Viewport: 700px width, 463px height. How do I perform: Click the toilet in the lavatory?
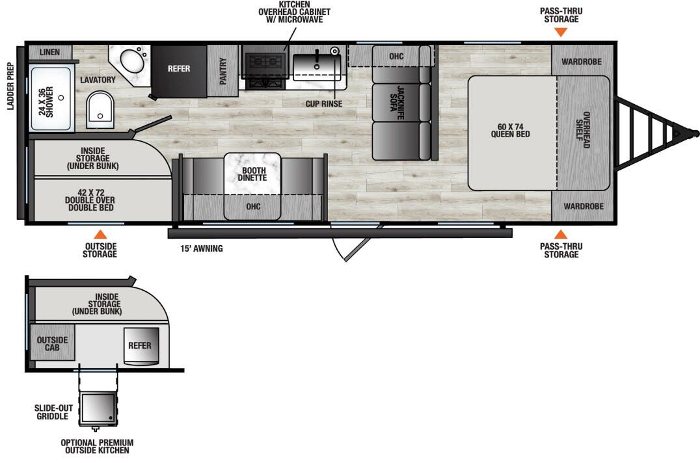click(x=100, y=108)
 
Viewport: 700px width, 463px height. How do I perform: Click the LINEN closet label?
click(x=49, y=52)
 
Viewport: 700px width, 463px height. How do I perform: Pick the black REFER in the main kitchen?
click(x=178, y=70)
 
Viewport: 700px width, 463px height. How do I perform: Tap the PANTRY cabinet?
click(x=223, y=71)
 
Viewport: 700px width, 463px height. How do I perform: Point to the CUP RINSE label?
click(x=323, y=103)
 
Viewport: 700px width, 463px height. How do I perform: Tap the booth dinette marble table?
click(x=252, y=174)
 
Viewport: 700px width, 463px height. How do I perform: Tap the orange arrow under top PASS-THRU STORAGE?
click(x=558, y=31)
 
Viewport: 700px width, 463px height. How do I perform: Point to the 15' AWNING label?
click(x=202, y=248)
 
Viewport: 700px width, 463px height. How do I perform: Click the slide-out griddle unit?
click(x=100, y=408)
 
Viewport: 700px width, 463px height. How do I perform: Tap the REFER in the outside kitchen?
click(x=141, y=345)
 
